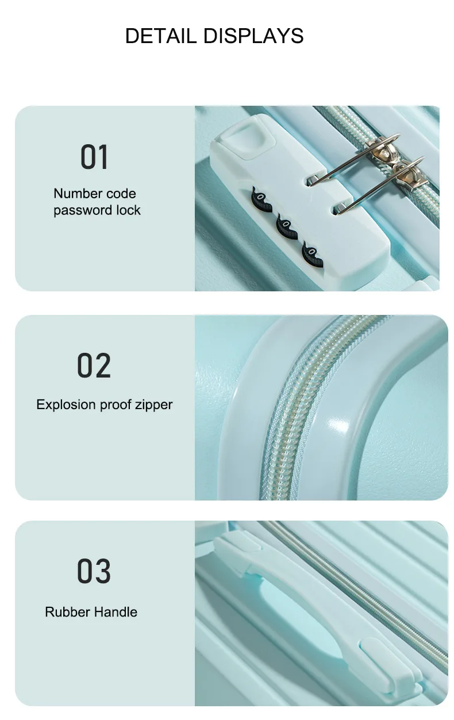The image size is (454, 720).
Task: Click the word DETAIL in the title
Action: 160,36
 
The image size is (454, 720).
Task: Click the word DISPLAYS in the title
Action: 253,36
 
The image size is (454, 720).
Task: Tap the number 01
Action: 94,157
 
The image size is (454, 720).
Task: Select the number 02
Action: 94,365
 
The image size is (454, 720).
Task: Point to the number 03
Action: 94,571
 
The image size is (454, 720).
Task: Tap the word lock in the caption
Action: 128,210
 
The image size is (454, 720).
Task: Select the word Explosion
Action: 66,405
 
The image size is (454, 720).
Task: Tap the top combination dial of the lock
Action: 261,199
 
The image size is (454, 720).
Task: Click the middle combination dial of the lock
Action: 287,226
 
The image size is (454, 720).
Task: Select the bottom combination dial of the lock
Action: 312,255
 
